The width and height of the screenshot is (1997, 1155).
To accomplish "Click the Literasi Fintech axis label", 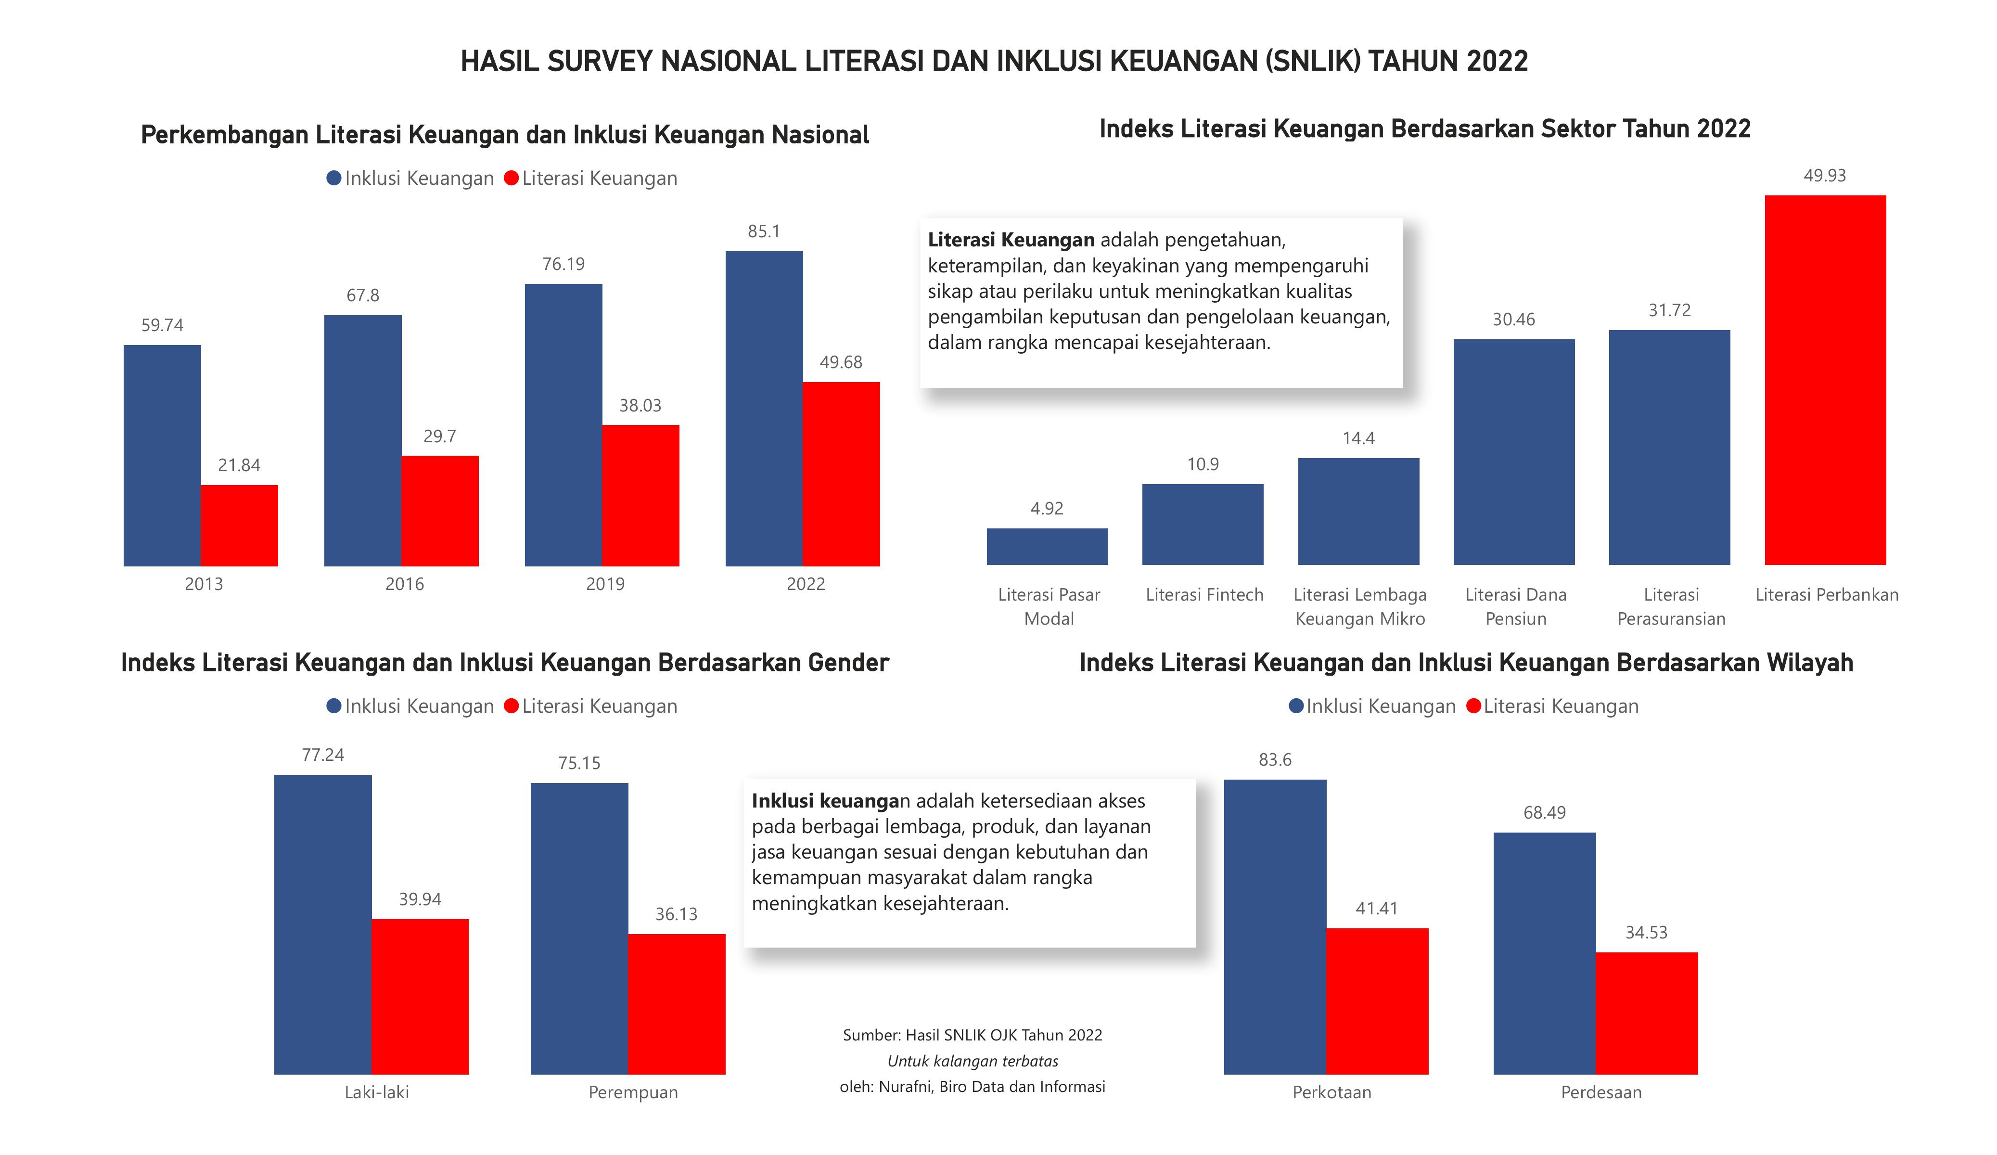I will coord(1204,594).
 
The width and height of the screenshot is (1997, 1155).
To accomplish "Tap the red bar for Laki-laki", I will coord(420,997).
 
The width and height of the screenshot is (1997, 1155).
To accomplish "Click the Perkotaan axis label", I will coord(1331,1092).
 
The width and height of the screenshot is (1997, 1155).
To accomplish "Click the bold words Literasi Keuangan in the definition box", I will coord(1011,239).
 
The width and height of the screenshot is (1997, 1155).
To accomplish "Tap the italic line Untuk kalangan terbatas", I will coord(973,1061).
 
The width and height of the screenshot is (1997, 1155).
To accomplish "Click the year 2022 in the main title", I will coord(1496,61).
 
